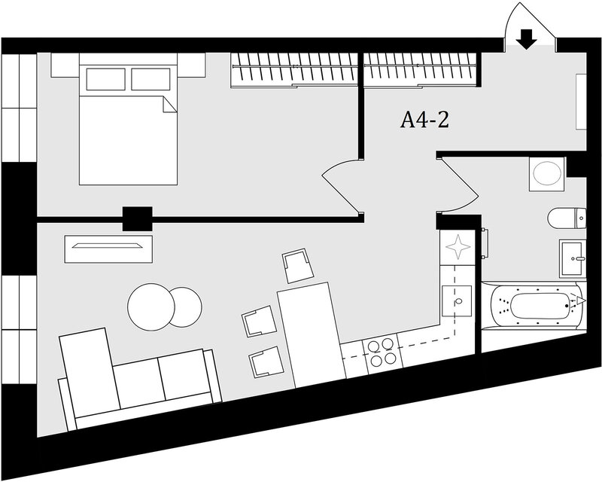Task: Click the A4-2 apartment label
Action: pos(424,120)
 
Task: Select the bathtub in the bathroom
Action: pos(534,305)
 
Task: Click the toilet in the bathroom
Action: pos(567,218)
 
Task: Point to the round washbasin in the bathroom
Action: pos(547,173)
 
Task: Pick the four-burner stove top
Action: pos(382,354)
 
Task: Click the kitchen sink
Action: pos(457,301)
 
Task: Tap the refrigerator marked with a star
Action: pos(458,247)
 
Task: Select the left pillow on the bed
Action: pos(105,79)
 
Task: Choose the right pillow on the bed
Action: pos(150,79)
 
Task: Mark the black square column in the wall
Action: pos(137,218)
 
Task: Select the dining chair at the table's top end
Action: pos(298,266)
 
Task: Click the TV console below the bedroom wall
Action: pos(108,249)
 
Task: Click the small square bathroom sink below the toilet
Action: pos(573,258)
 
